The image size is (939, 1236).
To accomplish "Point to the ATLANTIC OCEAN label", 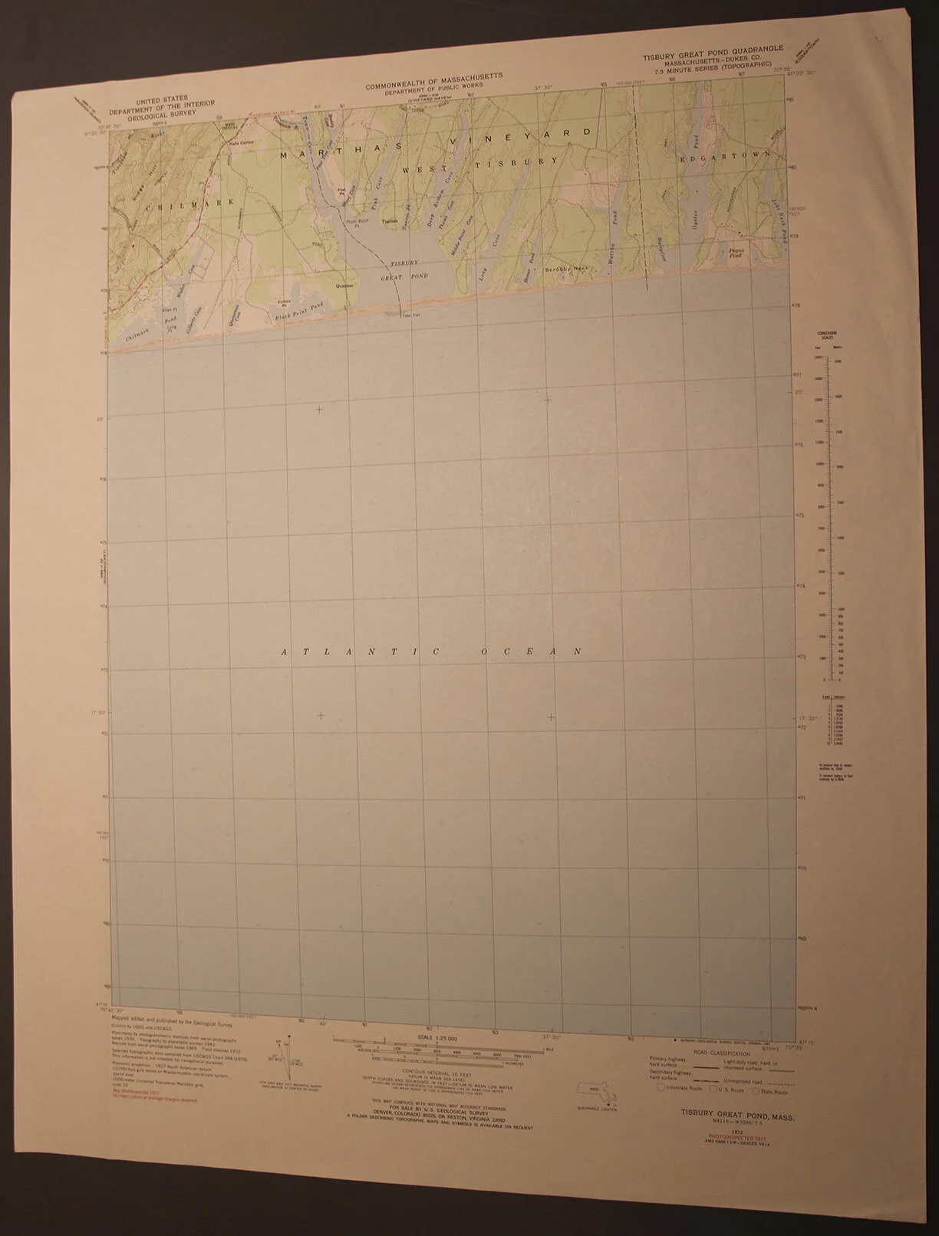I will click(x=430, y=652).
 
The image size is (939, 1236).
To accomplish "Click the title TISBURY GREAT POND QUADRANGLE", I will click(x=703, y=48).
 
